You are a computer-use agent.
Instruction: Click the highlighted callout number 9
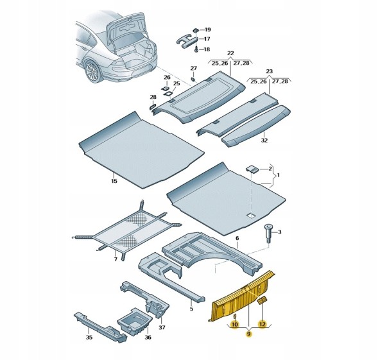click(x=248, y=334)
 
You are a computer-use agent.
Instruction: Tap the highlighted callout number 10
click(x=234, y=324)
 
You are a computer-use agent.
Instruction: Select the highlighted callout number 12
click(x=262, y=324)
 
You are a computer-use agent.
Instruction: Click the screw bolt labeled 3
click(x=268, y=233)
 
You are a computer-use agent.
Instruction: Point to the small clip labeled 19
click(x=196, y=30)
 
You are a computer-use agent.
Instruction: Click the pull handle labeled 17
click(x=187, y=40)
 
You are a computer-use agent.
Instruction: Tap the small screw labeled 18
click(x=196, y=49)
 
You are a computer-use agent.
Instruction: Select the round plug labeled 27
click(x=193, y=79)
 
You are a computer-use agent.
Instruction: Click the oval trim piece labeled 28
click(x=152, y=107)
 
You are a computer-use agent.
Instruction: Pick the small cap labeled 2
click(x=252, y=169)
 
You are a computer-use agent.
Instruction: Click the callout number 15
click(x=114, y=181)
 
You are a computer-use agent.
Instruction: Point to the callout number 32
click(x=264, y=141)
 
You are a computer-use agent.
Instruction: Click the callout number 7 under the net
click(x=116, y=259)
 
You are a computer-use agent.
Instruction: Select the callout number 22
click(x=230, y=53)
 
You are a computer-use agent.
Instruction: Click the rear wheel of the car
click(x=92, y=72)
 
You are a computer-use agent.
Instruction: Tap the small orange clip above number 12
click(x=262, y=300)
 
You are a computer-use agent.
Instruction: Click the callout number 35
click(x=89, y=337)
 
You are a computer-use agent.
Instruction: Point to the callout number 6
click(x=237, y=238)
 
